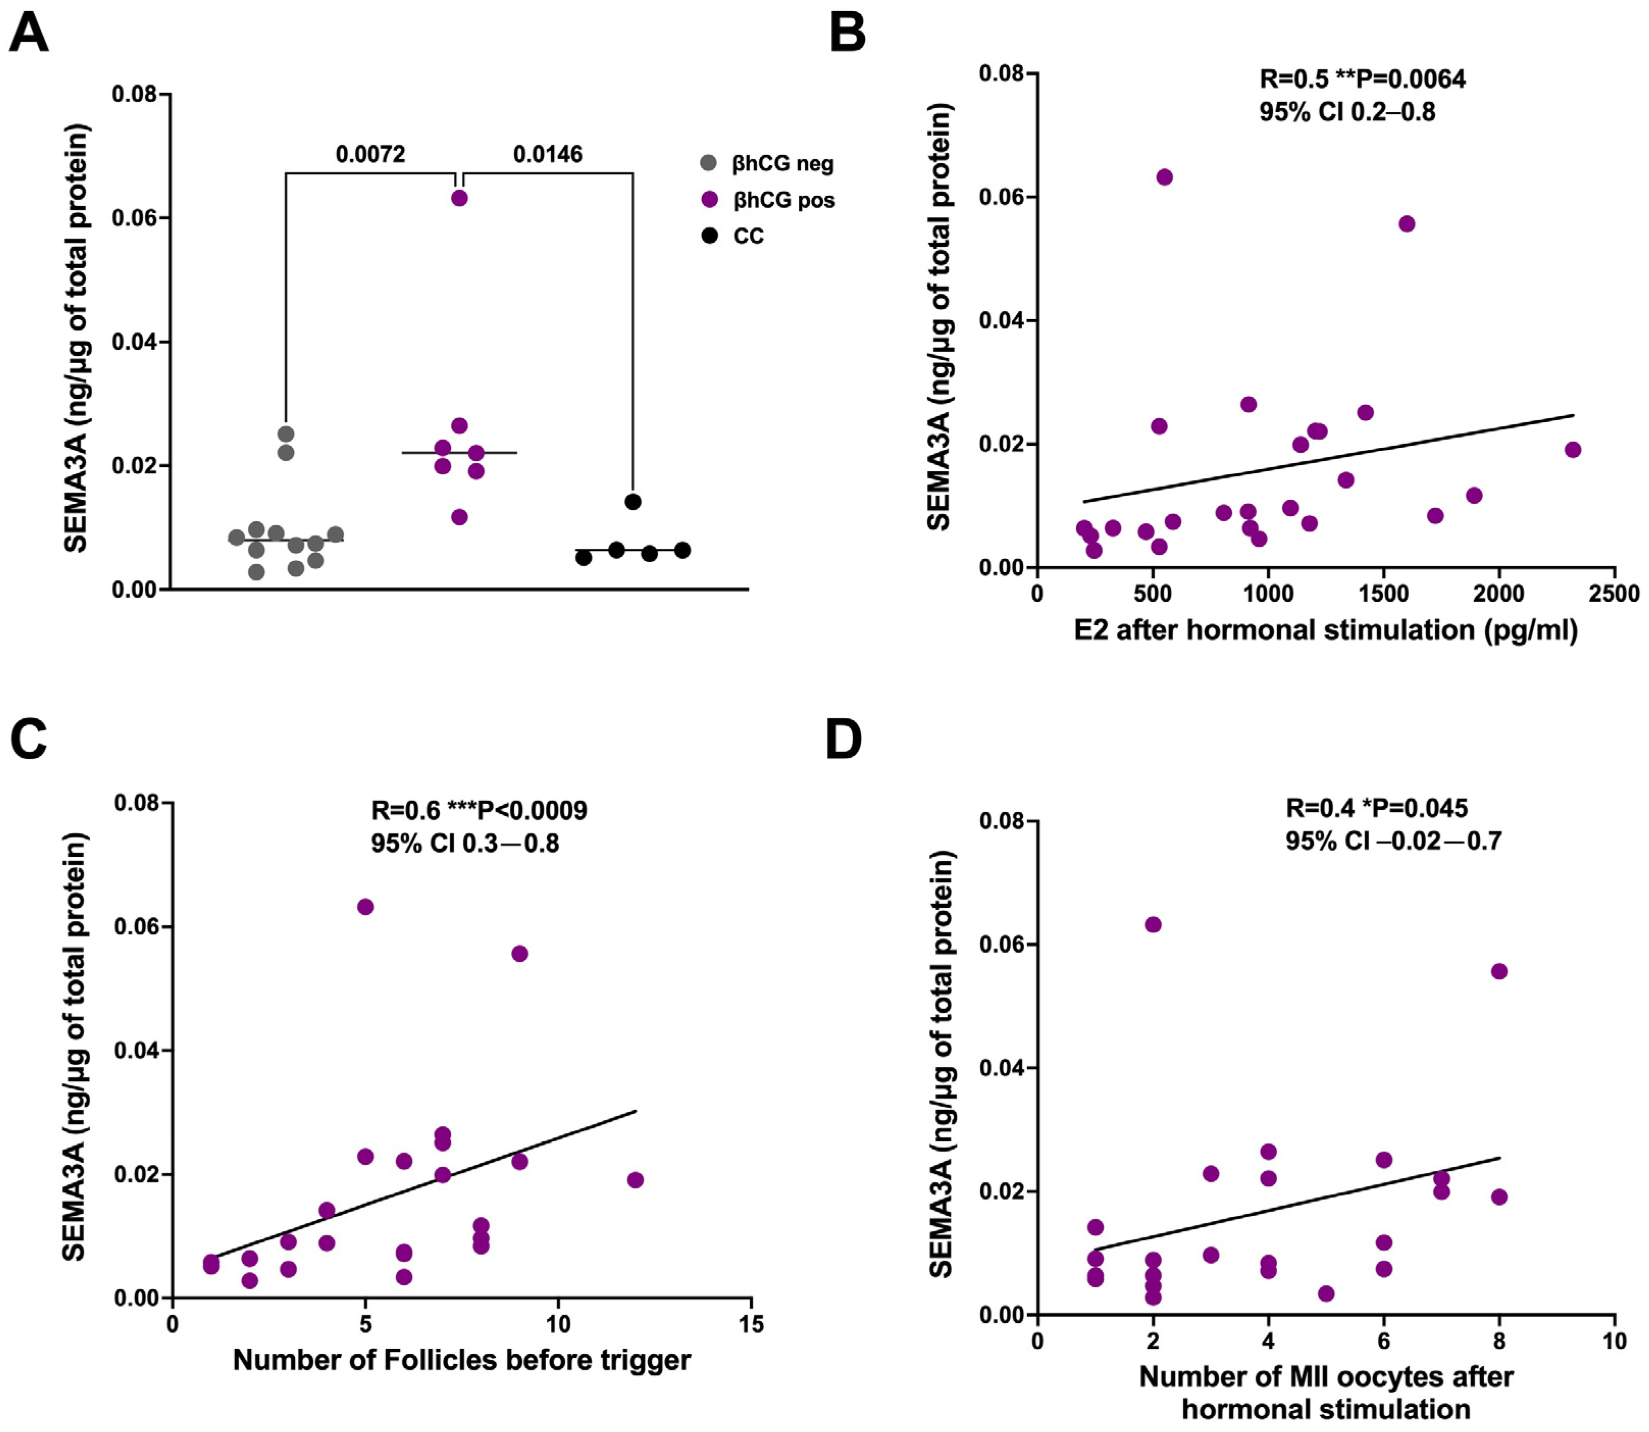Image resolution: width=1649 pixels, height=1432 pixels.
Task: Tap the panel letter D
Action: (844, 739)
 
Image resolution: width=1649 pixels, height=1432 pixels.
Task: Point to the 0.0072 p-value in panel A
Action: (370, 154)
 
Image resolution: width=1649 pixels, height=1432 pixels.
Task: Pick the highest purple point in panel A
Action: (459, 197)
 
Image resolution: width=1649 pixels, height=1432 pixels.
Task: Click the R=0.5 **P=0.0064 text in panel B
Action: (1362, 79)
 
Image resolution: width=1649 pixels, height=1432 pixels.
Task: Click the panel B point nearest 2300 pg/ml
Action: (1572, 449)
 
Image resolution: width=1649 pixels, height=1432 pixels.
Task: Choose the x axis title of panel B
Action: (1325, 630)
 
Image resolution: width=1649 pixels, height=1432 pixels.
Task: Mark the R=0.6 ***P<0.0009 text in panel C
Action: (479, 810)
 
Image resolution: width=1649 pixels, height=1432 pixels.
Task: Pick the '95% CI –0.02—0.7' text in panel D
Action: (1393, 840)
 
